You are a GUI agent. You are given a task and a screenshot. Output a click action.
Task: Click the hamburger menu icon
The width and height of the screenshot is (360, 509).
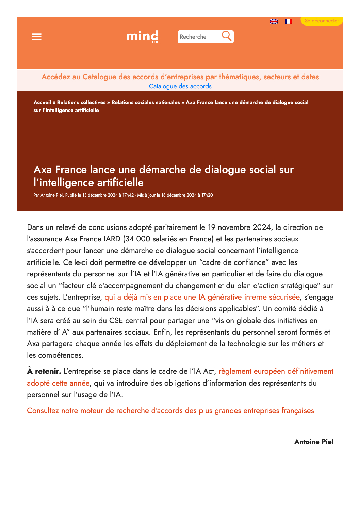tap(37, 37)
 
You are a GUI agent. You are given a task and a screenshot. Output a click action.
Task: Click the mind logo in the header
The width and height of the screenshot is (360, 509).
tap(142, 36)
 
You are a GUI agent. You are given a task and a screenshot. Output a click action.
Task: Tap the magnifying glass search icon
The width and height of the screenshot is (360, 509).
tap(226, 36)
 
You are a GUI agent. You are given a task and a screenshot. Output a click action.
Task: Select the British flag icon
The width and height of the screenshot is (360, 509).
tap(274, 21)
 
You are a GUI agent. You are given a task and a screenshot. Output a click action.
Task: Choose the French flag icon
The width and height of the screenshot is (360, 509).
tap(289, 21)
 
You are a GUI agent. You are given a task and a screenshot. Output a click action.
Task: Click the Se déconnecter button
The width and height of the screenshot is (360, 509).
tap(322, 21)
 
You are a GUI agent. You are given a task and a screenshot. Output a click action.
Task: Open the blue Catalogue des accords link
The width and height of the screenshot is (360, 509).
tap(180, 86)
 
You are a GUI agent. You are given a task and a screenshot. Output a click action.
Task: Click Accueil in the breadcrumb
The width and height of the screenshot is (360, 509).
tap(42, 102)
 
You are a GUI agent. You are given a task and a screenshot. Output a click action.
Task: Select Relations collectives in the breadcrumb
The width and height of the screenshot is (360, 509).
tap(81, 102)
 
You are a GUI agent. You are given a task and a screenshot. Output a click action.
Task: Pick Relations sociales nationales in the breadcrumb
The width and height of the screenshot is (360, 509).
tap(146, 102)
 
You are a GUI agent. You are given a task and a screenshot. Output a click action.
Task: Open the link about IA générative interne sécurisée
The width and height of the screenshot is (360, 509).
tap(202, 297)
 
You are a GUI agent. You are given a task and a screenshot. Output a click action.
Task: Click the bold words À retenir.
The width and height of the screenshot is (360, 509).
tap(44, 371)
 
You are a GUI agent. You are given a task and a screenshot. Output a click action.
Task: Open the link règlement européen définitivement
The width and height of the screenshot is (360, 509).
tap(276, 371)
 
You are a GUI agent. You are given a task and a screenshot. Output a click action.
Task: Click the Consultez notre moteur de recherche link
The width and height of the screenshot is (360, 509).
tap(170, 411)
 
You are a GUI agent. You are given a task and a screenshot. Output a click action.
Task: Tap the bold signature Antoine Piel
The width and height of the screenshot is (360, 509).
tap(314, 442)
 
